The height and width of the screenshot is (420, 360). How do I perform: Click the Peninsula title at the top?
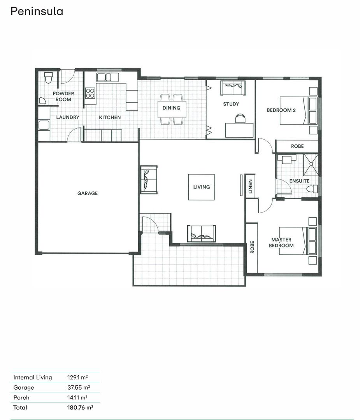click(x=37, y=11)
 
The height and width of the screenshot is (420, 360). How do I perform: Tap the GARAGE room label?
click(x=88, y=193)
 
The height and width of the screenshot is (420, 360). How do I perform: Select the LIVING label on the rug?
click(x=201, y=187)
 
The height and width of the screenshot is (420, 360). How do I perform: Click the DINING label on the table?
click(x=171, y=108)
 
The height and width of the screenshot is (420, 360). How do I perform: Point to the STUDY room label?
click(x=231, y=104)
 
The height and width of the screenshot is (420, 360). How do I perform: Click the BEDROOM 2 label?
click(x=281, y=110)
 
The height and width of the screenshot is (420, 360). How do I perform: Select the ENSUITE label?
click(x=299, y=181)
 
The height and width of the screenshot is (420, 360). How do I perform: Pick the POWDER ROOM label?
click(x=63, y=96)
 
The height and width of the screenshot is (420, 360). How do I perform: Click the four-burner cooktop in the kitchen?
click(x=90, y=93)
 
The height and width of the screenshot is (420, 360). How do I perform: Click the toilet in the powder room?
click(x=49, y=78)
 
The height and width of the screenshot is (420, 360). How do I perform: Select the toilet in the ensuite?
click(x=312, y=189)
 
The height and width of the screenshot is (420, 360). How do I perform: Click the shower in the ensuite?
click(x=311, y=164)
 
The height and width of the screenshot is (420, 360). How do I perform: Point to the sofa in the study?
click(x=233, y=88)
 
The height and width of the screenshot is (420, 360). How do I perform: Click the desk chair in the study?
click(x=240, y=118)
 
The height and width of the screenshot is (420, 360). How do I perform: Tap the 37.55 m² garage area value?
click(x=79, y=387)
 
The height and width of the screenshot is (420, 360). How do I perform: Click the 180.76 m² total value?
click(x=80, y=408)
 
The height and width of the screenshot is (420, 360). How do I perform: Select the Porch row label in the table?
click(x=21, y=397)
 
